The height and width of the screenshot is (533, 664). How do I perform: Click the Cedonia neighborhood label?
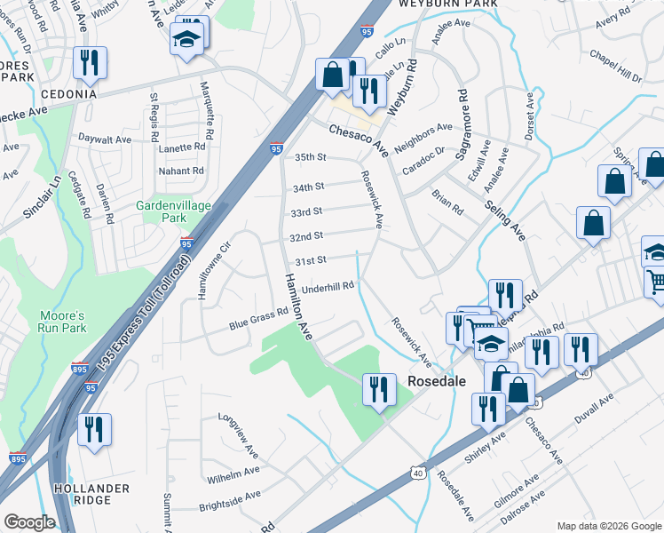point(67,93)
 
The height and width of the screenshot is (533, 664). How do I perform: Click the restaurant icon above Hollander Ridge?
point(93,430)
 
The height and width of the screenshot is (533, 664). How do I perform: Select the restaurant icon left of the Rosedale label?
point(378,388)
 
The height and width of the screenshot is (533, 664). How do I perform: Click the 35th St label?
point(311,157)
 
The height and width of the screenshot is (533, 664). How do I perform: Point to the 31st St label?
point(311,259)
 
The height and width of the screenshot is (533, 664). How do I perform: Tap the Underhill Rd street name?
point(328,286)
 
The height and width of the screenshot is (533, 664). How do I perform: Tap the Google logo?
point(29,522)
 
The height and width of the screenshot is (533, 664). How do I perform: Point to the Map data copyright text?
point(608,526)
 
